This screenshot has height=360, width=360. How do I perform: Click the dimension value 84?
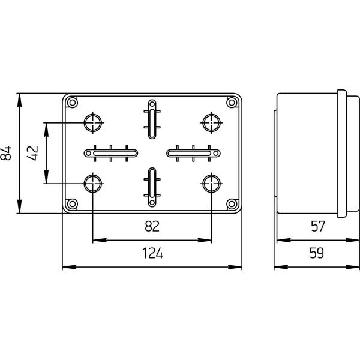click(7, 153)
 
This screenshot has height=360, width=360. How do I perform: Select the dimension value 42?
click(34, 153)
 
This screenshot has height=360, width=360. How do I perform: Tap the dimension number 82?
click(152, 226)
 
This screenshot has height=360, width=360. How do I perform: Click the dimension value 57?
click(317, 226)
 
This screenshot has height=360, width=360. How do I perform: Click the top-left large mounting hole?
click(92, 123)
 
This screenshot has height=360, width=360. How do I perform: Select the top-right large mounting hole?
click(211, 123)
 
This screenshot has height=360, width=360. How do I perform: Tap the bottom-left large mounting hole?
click(92, 183)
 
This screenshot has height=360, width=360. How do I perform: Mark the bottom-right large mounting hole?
click(211, 183)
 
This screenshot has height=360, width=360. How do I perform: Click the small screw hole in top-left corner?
click(72, 103)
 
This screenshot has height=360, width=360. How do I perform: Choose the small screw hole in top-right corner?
click(232, 103)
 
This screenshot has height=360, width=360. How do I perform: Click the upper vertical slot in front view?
click(152, 115)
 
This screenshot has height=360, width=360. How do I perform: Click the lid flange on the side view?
click(342, 153)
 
